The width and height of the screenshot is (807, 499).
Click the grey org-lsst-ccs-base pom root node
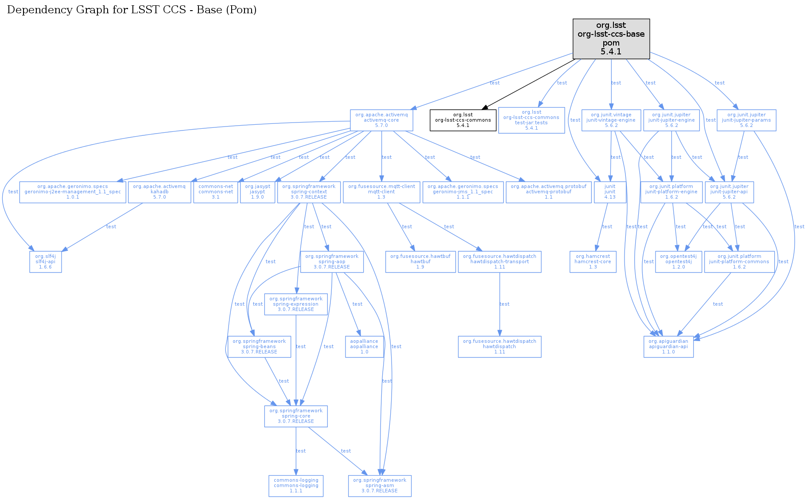click(x=611, y=38)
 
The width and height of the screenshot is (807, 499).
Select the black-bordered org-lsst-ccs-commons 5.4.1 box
click(x=463, y=120)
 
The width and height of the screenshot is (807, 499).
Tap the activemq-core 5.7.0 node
click(x=381, y=120)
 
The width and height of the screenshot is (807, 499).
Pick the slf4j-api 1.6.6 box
click(x=46, y=262)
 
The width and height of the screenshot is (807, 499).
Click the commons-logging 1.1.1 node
click(x=296, y=486)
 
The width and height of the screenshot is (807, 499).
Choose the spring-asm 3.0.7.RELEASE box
click(x=380, y=486)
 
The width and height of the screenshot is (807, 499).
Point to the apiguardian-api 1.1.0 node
click(x=668, y=347)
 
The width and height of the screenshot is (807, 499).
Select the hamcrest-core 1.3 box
click(x=593, y=262)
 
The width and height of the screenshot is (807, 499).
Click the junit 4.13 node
click(x=610, y=192)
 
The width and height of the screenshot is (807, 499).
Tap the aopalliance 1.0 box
click(x=364, y=347)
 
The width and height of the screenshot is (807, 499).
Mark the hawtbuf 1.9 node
click(x=420, y=262)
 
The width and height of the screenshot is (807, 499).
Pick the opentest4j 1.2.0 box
click(x=678, y=262)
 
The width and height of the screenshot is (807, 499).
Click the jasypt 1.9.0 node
click(x=257, y=192)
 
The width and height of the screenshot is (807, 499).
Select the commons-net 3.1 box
click(x=216, y=192)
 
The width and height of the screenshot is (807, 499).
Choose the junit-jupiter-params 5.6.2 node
click(x=746, y=120)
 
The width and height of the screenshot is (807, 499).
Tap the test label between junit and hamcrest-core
click(x=607, y=227)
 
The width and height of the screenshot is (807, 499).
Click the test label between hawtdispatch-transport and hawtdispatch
click(x=504, y=304)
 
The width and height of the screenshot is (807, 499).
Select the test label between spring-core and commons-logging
click(x=300, y=451)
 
